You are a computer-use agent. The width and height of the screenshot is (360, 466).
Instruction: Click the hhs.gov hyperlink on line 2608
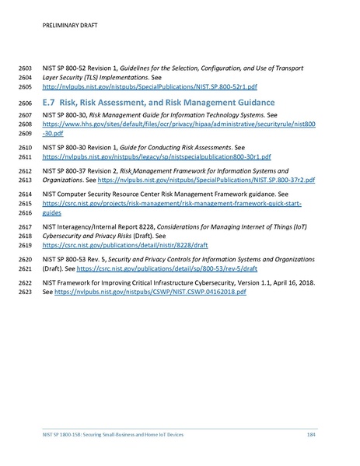[x=178, y=124]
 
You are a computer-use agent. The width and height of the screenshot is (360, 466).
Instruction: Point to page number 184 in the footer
[x=311, y=433]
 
